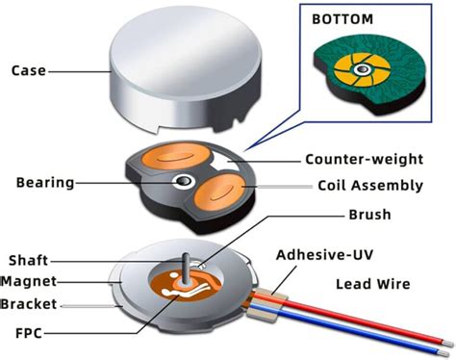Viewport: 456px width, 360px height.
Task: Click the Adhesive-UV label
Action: coord(322,255)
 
